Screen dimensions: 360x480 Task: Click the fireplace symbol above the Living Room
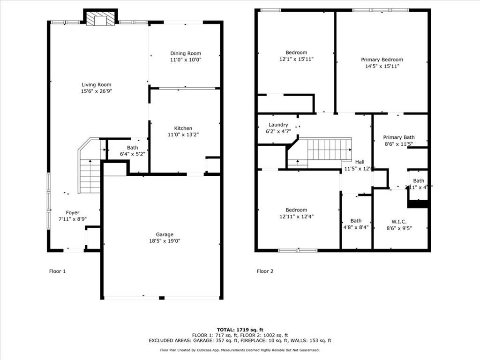pyautogui.click(x=100, y=19)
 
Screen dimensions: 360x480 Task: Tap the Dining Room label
pyautogui.click(x=186, y=53)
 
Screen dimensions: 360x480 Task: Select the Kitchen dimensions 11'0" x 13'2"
pyautogui.click(x=183, y=135)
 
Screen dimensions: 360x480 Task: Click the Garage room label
pyautogui.click(x=165, y=234)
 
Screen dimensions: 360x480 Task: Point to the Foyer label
pyautogui.click(x=72, y=213)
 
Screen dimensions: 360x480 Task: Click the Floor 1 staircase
pyautogui.click(x=90, y=175)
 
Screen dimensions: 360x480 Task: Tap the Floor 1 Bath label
pyautogui.click(x=126, y=148)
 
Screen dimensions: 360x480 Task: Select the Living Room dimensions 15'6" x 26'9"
pyautogui.click(x=97, y=91)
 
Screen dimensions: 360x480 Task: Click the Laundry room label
pyautogui.click(x=278, y=125)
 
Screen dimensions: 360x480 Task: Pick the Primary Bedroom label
pyautogui.click(x=382, y=60)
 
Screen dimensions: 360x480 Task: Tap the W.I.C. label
pyautogui.click(x=399, y=221)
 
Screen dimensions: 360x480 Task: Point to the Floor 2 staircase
pyautogui.click(x=328, y=150)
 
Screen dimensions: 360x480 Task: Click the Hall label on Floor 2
pyautogui.click(x=360, y=162)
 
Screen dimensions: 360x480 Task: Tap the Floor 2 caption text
pyautogui.click(x=265, y=271)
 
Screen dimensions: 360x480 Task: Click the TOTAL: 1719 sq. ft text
pyautogui.click(x=240, y=330)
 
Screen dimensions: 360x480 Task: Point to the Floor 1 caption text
pyautogui.click(x=58, y=271)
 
